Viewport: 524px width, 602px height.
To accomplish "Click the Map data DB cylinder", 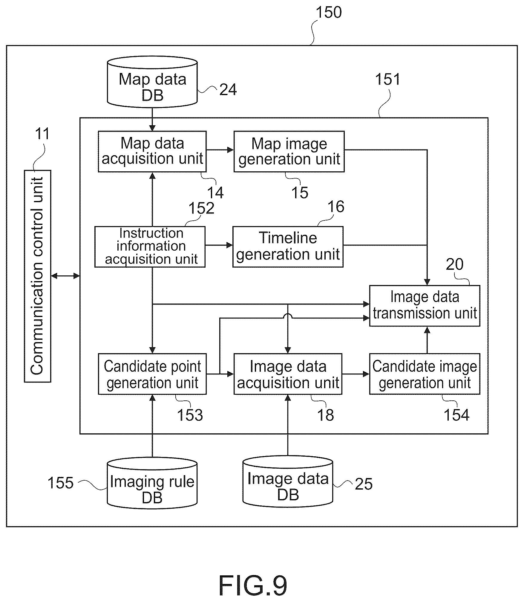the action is (x=152, y=82).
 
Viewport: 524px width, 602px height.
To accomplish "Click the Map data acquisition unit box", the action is (x=152, y=151).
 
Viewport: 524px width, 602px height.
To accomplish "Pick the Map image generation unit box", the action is (x=289, y=151).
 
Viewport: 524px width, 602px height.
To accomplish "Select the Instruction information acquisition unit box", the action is (x=150, y=246).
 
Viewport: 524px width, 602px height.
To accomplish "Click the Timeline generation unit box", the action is (x=288, y=246).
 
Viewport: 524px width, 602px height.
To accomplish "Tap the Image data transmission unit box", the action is (x=425, y=305).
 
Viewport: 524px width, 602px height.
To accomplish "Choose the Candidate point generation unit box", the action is (x=152, y=374).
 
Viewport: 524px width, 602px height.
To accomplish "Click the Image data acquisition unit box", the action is (x=288, y=374).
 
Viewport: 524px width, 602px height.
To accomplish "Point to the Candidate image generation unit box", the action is (x=425, y=374).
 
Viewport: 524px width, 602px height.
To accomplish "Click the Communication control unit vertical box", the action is (x=38, y=276).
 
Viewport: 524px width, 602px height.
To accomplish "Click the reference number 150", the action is (x=329, y=12).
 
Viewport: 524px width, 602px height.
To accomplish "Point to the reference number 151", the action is (x=387, y=80).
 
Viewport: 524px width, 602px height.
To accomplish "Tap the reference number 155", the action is (x=61, y=483).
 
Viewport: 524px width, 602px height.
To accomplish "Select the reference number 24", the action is (x=228, y=89).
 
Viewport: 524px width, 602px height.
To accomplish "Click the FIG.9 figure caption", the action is (x=253, y=585).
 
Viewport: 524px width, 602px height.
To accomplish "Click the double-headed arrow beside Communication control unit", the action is (x=65, y=276).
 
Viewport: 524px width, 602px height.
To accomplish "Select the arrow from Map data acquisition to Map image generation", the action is (x=220, y=150).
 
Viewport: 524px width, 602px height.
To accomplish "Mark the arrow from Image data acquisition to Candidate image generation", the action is (x=356, y=374).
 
